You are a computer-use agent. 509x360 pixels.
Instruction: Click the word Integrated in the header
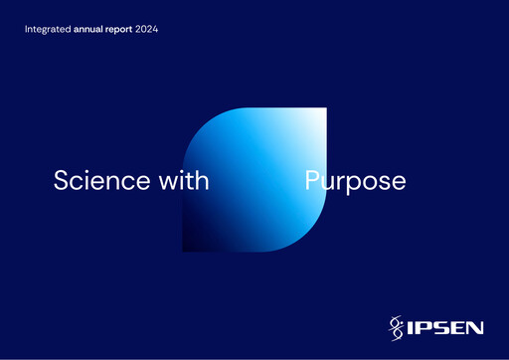pyautogui.click(x=48, y=30)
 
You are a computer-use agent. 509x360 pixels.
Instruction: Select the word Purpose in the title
pyautogui.click(x=355, y=182)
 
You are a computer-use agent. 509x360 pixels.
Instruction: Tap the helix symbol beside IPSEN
pyautogui.click(x=396, y=324)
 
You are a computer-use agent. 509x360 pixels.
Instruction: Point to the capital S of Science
pyautogui.click(x=61, y=181)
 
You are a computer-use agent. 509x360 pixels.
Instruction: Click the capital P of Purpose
pyautogui.click(x=311, y=181)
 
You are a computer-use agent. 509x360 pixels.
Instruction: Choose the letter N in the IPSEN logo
pyautogui.click(x=476, y=324)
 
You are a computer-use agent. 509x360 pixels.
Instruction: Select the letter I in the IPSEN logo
pyautogui.click(x=410, y=324)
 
